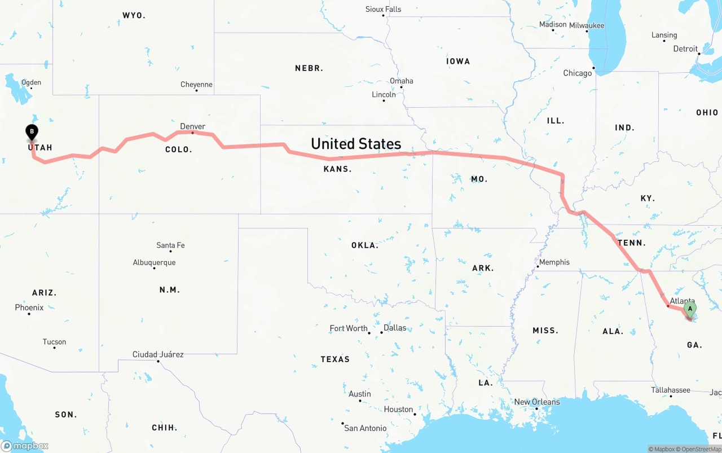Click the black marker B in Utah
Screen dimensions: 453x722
pyautogui.click(x=32, y=132)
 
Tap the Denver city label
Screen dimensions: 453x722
pyautogui.click(x=192, y=126)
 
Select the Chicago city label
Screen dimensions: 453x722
pyautogui.click(x=578, y=73)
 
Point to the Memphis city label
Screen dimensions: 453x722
pyautogui.click(x=554, y=262)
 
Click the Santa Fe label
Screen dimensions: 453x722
pyautogui.click(x=170, y=245)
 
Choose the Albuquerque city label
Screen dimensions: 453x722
pyautogui.click(x=154, y=262)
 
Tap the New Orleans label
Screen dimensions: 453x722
pyautogui.click(x=537, y=402)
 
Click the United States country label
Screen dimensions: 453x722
pyautogui.click(x=356, y=144)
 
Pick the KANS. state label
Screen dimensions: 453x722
pyautogui.click(x=337, y=169)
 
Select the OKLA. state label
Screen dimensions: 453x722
pyautogui.click(x=364, y=245)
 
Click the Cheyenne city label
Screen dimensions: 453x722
pyautogui.click(x=196, y=85)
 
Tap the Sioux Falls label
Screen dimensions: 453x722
pyautogui.click(x=384, y=9)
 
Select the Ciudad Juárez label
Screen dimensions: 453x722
pyautogui.click(x=158, y=354)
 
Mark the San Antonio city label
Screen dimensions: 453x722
pyautogui.click(x=366, y=428)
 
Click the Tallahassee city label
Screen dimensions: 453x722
pyautogui.click(x=671, y=390)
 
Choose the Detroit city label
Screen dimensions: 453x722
pyautogui.click(x=685, y=49)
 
